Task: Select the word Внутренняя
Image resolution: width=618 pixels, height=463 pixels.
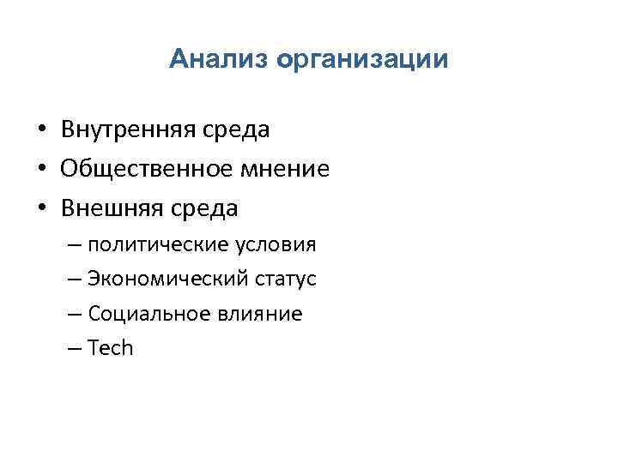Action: pos(128,129)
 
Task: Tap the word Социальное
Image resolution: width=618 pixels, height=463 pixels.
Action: pos(148,314)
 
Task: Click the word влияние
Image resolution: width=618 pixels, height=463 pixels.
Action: pos(260,314)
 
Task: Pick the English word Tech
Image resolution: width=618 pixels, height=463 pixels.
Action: pos(111,348)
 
